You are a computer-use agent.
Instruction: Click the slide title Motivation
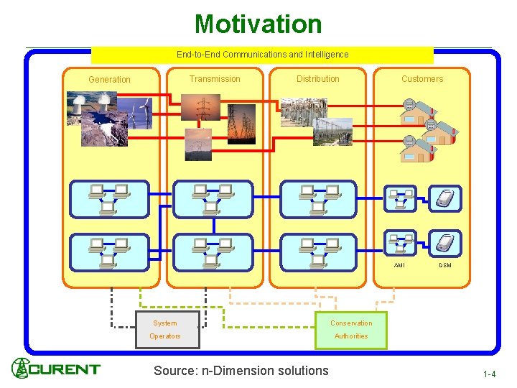[x=258, y=24]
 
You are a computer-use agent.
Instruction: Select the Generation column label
[x=109, y=80]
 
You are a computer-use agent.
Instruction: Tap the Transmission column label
[x=215, y=79]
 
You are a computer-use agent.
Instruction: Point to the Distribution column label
[x=318, y=79]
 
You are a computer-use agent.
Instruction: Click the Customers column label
[x=422, y=79]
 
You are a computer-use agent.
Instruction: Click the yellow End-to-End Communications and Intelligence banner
[x=262, y=55]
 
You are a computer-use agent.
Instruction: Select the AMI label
[x=399, y=265]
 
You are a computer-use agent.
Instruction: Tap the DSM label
[x=445, y=265]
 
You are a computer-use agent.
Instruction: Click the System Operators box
[x=164, y=330]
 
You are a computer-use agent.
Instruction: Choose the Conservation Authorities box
[x=351, y=330]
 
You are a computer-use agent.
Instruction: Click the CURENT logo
[x=56, y=369]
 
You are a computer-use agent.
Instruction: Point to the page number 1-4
[x=489, y=374]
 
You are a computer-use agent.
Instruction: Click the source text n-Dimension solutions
[x=241, y=371]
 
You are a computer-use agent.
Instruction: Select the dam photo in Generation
[x=98, y=129]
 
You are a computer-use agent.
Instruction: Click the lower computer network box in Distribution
[x=317, y=252]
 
